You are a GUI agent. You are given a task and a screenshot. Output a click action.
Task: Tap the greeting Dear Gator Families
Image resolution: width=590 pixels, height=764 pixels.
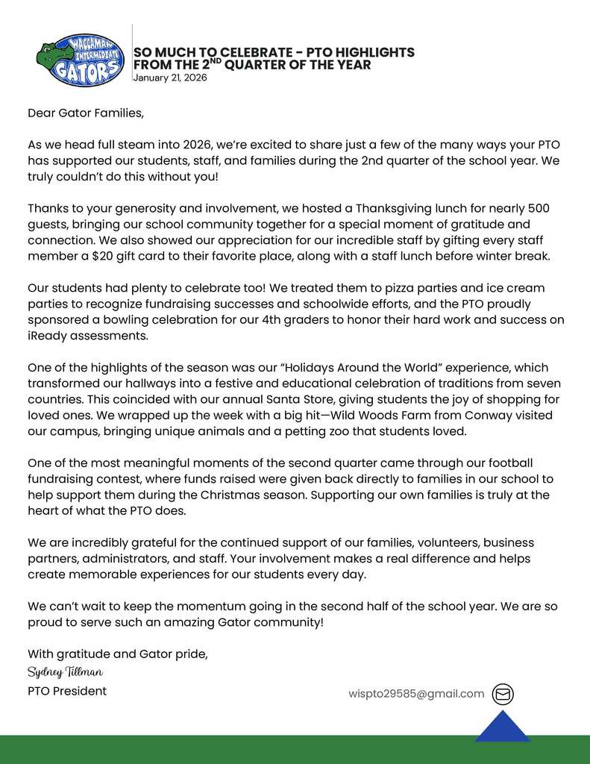[85, 113]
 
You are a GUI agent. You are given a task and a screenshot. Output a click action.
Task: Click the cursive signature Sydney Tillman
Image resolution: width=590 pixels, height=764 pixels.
[65, 672]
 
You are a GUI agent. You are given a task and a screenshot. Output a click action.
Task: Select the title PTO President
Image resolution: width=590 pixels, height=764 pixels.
[67, 691]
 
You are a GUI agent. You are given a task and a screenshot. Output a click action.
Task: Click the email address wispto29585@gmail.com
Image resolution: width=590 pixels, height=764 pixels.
[416, 694]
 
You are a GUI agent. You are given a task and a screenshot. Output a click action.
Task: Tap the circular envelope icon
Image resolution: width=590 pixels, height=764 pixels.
[503, 694]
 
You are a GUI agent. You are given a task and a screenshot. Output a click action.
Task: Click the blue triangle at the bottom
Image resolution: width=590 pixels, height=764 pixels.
[503, 728]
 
